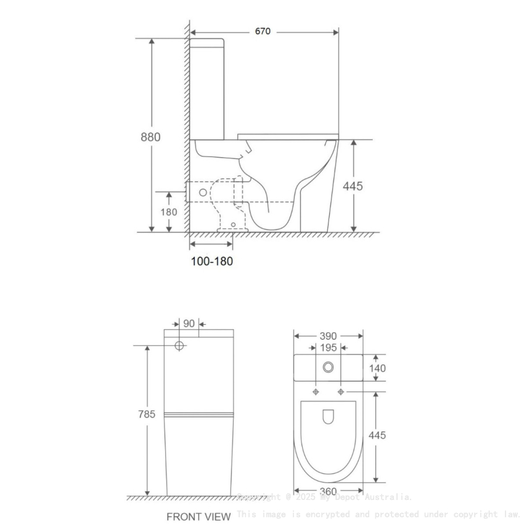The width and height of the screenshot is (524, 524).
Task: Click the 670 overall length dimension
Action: [x=263, y=31]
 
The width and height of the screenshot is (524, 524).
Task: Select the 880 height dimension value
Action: [x=150, y=137]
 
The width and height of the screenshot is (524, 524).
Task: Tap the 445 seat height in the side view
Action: [x=353, y=186]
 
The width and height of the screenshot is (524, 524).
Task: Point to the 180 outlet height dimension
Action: [x=169, y=212]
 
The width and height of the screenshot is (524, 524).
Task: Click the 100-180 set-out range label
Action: [x=211, y=261]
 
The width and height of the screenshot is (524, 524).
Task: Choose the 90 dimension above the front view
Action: [x=189, y=324]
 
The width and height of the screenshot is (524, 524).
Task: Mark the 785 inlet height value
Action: [x=147, y=414]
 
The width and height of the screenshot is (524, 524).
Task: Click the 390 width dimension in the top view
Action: [x=328, y=336]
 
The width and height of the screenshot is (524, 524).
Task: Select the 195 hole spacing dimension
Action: [x=328, y=348]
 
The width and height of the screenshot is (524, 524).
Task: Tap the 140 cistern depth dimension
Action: [x=377, y=368]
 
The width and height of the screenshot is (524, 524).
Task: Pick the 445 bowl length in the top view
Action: [x=377, y=435]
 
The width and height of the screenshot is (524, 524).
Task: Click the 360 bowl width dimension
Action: [x=328, y=491]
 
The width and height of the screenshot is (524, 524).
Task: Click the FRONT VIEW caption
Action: [x=199, y=516]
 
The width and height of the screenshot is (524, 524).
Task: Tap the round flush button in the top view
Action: [x=328, y=367]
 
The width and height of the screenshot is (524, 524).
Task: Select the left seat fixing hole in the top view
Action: [x=316, y=392]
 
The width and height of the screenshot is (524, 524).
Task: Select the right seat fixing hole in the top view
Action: [x=340, y=392]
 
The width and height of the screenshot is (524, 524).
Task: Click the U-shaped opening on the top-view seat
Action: [x=328, y=417]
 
